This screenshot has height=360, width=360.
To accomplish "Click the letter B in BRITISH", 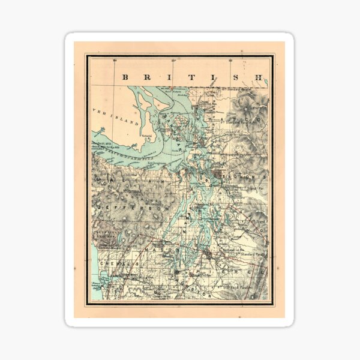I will pos(125,77).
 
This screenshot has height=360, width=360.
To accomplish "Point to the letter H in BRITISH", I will pos(258,77).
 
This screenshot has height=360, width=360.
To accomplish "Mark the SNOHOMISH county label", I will pos(243,178).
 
